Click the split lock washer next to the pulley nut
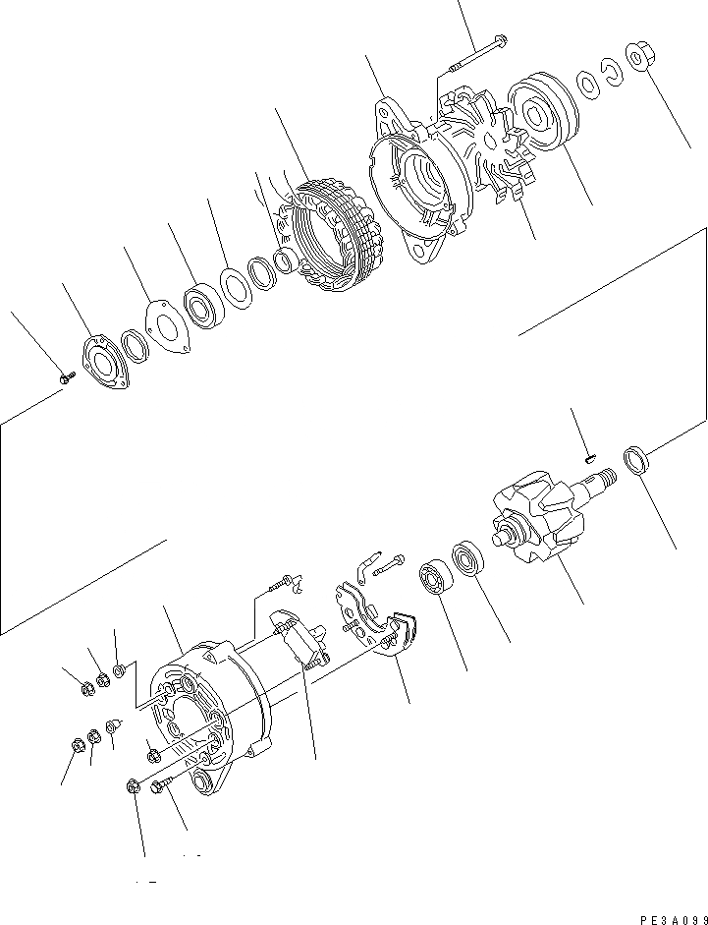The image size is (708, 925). point(615,71)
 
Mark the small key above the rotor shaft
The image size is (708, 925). point(589,455)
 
